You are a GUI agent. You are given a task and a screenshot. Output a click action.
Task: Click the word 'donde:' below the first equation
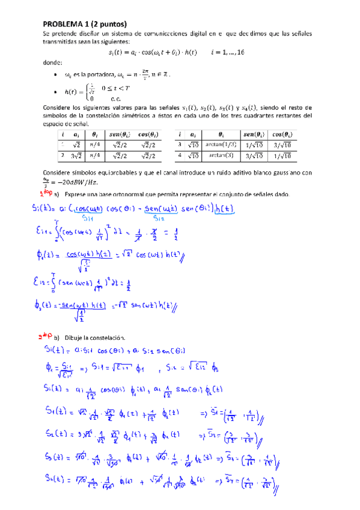(52, 63)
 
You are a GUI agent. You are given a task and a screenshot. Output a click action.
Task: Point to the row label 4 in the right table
(179, 156)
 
